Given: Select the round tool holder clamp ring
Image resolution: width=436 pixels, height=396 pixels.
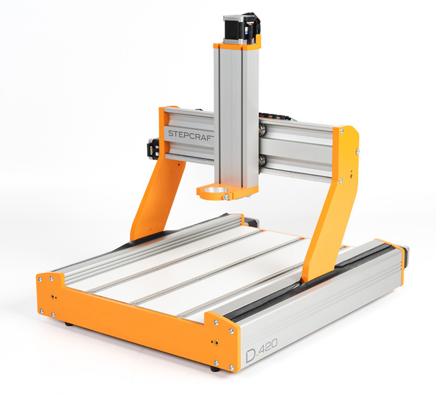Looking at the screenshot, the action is point(214,193).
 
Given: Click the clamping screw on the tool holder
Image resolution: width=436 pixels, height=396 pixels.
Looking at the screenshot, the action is point(226,197).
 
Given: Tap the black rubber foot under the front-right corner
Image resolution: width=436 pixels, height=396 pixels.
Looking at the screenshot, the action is point(214,369).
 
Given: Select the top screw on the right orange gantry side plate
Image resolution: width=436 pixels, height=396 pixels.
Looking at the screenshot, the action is point(342,131).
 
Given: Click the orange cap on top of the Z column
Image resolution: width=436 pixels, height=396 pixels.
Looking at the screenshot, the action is point(237,46).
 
